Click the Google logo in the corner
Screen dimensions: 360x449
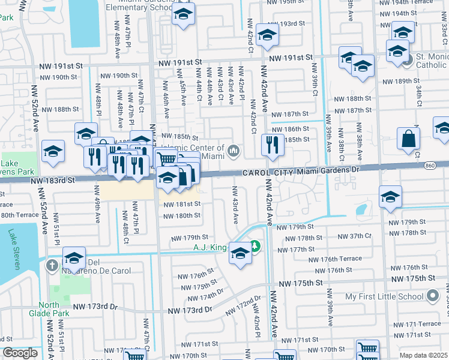pyautogui.click(x=20, y=353)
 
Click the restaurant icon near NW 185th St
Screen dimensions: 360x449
pyautogui.click(x=273, y=146)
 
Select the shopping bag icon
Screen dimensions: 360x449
pyautogui.click(x=408, y=139)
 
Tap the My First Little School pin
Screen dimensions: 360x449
pyautogui.click(x=432, y=296)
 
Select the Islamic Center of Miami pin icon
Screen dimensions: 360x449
pyautogui.click(x=233, y=150)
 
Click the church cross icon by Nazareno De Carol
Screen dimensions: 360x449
pyautogui.click(x=53, y=265)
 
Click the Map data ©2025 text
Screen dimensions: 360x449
pyautogui.click(x=424, y=355)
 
